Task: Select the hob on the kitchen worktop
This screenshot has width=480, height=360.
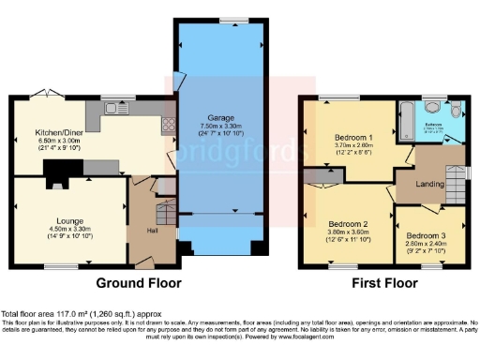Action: (x=168, y=126)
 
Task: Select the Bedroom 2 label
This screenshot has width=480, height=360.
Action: (x=345, y=224)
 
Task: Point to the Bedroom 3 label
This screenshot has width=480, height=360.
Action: (x=424, y=235)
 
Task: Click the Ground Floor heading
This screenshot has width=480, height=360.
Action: (x=140, y=282)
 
